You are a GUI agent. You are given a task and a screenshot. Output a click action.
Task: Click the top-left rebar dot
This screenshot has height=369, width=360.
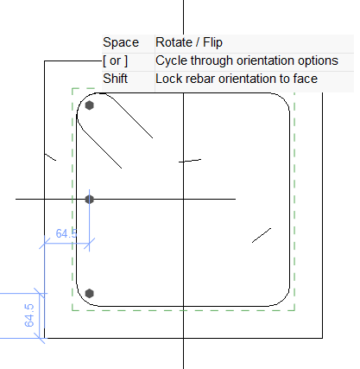tap(90, 105)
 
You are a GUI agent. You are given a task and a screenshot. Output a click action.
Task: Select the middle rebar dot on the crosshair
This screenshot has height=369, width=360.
tap(90, 199)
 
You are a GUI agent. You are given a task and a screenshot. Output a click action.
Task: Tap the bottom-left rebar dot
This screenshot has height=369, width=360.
tap(90, 294)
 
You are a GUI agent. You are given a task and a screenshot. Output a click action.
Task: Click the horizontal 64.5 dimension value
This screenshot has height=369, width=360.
tap(66, 233)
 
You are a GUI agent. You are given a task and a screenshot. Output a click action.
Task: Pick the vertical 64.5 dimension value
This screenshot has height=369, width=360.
tap(29, 315)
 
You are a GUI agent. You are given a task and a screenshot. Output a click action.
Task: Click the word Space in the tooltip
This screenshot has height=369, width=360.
tap(121, 42)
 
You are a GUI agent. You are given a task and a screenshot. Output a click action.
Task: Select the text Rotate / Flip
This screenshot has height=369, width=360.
tap(189, 42)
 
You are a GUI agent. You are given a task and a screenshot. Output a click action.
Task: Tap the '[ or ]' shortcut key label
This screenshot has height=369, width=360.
tap(115, 60)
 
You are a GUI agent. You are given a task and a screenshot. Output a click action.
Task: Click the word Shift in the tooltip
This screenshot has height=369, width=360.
tap(115, 79)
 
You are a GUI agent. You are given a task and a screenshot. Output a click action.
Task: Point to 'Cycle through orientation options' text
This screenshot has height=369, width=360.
tap(247, 60)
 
